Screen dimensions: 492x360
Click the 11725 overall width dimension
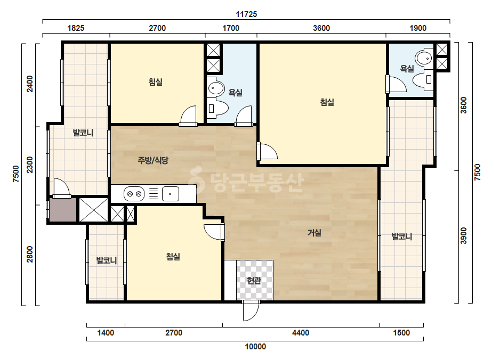[246, 14]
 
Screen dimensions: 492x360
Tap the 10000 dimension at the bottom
[255, 347]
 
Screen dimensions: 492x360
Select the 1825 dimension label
[76, 28]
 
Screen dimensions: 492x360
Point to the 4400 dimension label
[301, 333]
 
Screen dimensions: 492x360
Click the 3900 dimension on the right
[463, 235]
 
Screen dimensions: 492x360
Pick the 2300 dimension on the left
[29, 165]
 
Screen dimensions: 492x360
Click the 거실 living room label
[314, 233]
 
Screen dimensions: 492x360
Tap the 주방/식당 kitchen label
[153, 160]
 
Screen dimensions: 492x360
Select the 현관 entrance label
[254, 280]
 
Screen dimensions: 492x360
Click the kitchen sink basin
[171, 194]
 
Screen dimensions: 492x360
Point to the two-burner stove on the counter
[134, 194]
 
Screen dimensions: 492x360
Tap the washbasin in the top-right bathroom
[424, 58]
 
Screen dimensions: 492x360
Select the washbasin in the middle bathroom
[216, 88]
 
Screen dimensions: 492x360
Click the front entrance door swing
[251, 310]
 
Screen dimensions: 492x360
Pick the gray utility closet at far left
[63, 210]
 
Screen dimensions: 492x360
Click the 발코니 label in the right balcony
[401, 236]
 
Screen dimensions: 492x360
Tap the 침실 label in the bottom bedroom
[173, 257]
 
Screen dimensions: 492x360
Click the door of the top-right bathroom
[396, 84]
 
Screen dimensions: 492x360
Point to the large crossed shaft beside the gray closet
[93, 210]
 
